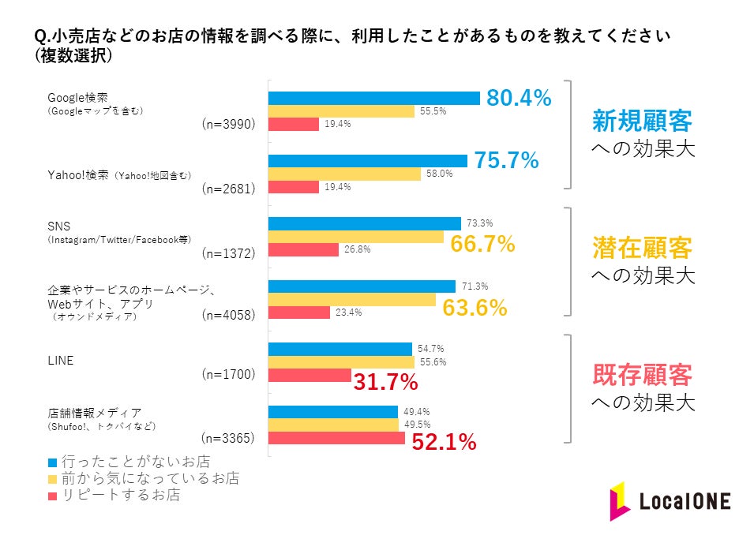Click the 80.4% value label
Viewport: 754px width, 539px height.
coord(518,98)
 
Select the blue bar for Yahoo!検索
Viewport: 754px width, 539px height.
coord(368,161)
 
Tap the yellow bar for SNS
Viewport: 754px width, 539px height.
coord(356,237)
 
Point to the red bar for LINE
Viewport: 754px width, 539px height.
coord(309,375)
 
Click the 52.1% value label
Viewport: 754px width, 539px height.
coord(444,443)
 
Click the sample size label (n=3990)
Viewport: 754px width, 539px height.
coord(228,124)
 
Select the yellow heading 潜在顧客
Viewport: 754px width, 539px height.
coord(642,248)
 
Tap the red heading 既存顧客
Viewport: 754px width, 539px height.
coord(642,374)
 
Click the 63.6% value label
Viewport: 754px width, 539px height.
coord(475,307)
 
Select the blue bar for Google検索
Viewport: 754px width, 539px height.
coord(374,98)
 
